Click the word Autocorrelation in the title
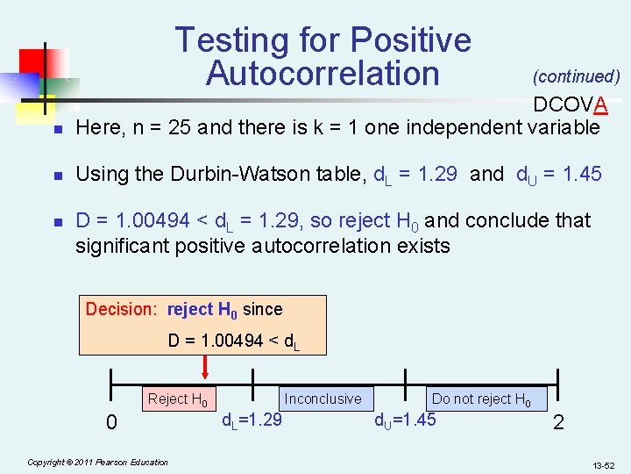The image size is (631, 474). coord(323,74)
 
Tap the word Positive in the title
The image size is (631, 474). coord(411,40)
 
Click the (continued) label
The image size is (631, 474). coord(576,77)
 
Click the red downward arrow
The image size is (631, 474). coord(204,364)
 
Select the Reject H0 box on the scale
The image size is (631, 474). coord(178,400)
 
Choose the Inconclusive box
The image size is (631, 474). coord(323,399)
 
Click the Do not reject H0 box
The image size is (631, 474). coord(481,399)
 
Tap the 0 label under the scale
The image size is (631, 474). coord(111,423)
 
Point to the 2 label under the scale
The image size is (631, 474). coord(558,423)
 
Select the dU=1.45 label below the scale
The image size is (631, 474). coord(405,420)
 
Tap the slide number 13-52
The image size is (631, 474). coord(603,463)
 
